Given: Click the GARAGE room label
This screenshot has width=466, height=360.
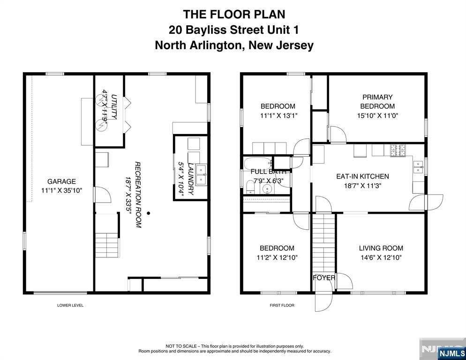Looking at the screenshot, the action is click(61, 181).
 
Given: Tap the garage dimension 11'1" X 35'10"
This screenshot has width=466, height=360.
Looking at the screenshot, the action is click(61, 190).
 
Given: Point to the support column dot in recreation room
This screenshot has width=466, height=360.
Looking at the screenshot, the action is click(148, 213).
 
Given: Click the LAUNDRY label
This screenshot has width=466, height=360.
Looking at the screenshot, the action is click(191, 179).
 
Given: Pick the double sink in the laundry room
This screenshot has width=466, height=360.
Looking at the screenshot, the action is click(202, 175).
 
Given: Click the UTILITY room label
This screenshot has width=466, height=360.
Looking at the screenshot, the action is click(114, 107).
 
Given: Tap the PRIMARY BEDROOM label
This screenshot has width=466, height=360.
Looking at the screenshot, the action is click(377, 102).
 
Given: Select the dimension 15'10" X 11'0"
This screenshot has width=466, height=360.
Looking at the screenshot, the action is click(377, 115).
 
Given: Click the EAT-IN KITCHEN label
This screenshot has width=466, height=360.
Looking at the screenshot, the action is click(362, 176).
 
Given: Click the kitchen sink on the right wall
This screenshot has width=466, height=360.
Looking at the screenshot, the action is click(419, 167).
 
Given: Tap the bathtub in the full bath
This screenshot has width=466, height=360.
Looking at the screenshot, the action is click(258, 164).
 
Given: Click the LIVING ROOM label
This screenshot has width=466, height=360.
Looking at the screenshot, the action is click(381, 248).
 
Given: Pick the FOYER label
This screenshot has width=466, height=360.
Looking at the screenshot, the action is click(324, 277).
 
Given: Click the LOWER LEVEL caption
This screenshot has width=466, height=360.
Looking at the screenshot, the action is click(70, 305).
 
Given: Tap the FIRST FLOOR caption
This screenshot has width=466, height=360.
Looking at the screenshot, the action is click(282, 305).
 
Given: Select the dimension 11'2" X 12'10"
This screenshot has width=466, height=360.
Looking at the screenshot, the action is click(277, 257).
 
